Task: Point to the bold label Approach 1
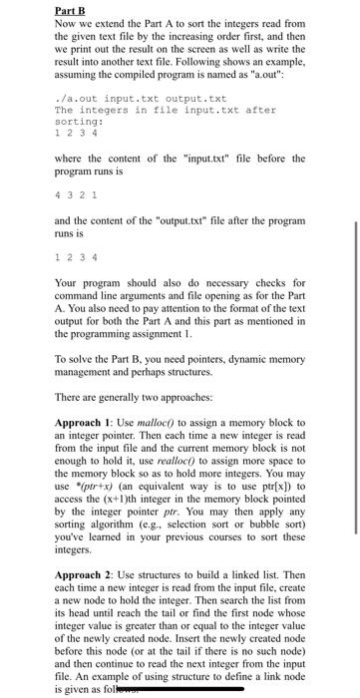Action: (85, 424)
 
